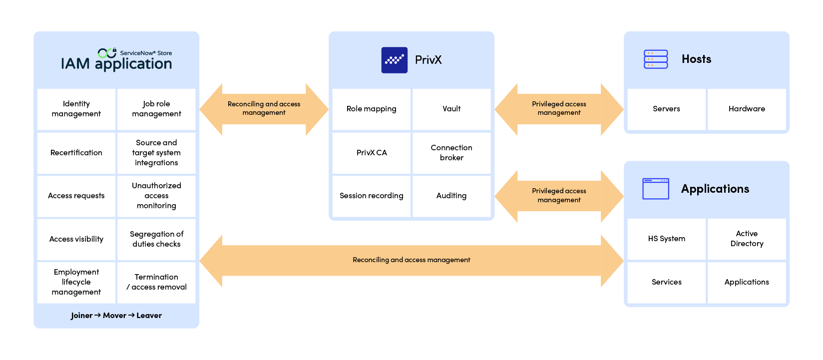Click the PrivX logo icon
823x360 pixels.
coord(394,60)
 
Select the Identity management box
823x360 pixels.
coord(76,109)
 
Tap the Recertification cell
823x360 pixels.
coord(76,153)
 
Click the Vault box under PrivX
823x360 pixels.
coord(451,109)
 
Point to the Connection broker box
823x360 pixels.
coord(451,153)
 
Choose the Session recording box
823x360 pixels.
coord(372,196)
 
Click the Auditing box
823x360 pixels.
coord(451,196)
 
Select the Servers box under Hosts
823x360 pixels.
coord(666,109)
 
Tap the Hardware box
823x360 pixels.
coord(747,109)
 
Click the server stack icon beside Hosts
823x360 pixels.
coord(656,59)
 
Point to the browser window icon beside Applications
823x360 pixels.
coord(656,189)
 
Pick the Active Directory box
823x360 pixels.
coord(747,239)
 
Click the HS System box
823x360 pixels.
coord(666,239)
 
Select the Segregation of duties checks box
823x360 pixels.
coord(156,239)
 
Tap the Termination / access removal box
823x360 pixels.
coord(156,282)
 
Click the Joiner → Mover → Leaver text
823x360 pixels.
coord(116,316)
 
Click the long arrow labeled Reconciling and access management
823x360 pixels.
coord(411,260)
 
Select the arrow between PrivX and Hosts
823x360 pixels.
coord(559,109)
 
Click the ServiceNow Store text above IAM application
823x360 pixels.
coord(146,53)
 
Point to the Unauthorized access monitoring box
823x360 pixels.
coord(156,196)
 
